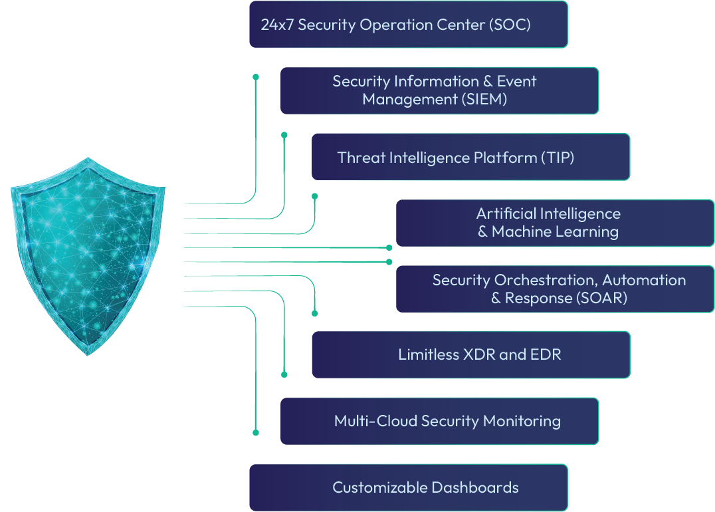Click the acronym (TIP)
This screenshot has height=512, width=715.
(x=557, y=158)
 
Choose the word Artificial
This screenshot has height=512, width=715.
(x=506, y=213)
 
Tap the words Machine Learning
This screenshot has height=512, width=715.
(x=555, y=231)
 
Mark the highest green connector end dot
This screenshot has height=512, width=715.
(x=256, y=77)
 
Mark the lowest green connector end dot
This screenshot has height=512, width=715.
(x=256, y=432)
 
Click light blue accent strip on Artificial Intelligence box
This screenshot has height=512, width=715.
(x=394, y=223)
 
